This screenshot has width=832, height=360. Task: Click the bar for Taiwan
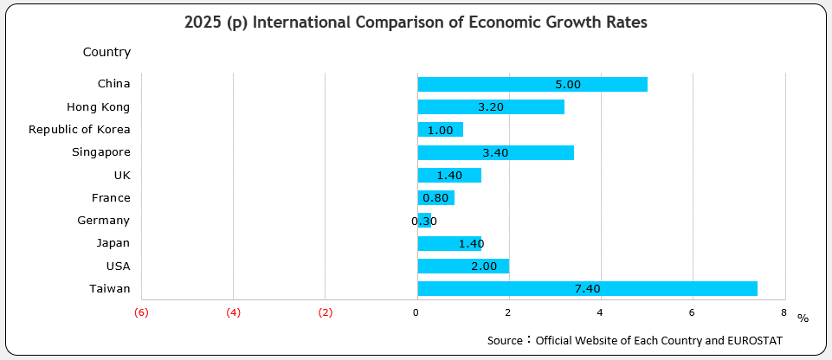(x=587, y=289)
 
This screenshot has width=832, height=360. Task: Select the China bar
(x=532, y=84)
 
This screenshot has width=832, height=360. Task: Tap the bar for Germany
(x=424, y=221)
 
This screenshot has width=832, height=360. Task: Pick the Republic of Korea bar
(x=440, y=130)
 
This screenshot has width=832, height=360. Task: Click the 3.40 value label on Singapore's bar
(x=494, y=153)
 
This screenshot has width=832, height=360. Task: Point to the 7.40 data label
(x=587, y=289)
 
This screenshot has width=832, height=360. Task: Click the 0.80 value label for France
(x=435, y=198)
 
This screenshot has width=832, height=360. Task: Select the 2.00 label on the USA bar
(x=484, y=267)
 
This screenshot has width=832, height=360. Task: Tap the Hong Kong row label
(x=98, y=107)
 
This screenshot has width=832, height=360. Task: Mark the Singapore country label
(x=100, y=152)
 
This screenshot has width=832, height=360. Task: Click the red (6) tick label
(x=142, y=312)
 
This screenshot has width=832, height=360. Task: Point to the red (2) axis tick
(x=325, y=312)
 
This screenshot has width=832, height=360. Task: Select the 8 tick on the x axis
(x=783, y=312)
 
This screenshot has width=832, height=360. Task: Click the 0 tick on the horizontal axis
(x=416, y=312)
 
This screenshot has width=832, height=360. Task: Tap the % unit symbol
(x=803, y=318)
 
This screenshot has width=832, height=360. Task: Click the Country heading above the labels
(x=106, y=52)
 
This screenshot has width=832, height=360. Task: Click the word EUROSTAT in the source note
(x=754, y=341)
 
